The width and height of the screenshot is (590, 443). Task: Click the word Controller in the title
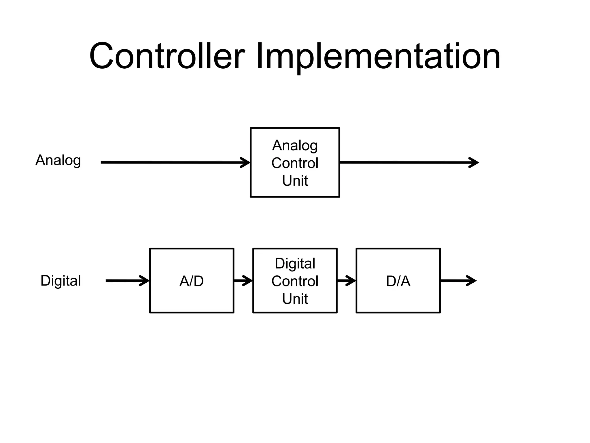pos(167,56)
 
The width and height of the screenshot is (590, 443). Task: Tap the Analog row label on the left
pos(58,160)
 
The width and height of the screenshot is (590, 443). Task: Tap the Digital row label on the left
pos(60,281)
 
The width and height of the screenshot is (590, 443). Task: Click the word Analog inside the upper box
pos(295,145)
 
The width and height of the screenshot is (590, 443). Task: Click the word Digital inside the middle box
pos(295,264)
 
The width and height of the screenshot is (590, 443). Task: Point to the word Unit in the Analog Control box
pos(295,181)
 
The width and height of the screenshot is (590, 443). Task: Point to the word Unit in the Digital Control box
pos(295,299)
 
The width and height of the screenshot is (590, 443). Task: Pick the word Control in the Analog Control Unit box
pos(295,163)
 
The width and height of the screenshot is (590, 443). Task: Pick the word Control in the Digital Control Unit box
pos(295,281)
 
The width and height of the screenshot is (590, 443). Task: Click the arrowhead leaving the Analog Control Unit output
pos(474,163)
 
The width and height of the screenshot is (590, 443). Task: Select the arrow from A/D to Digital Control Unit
pos(243,281)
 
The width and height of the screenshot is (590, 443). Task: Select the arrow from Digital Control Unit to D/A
pos(347,281)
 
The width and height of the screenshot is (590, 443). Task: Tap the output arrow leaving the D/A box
pos(458,281)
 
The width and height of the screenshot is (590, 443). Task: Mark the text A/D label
pos(192,281)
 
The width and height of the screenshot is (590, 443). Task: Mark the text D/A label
pos(398,281)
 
